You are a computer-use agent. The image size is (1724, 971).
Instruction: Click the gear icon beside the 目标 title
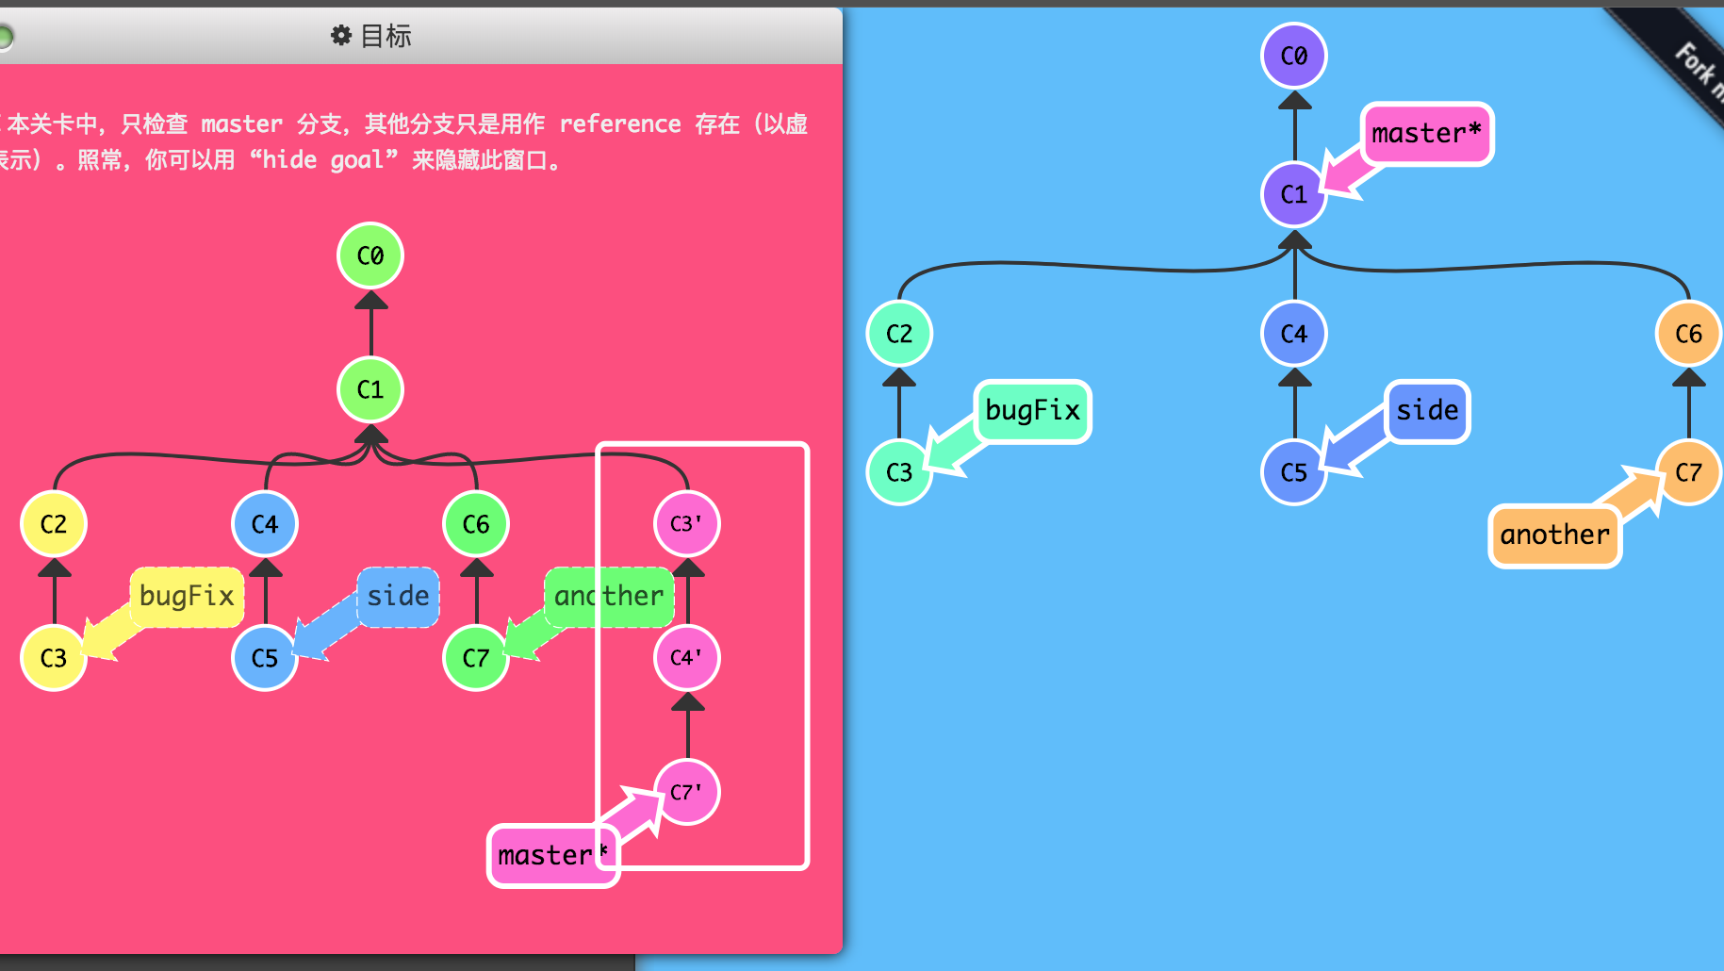[340, 36]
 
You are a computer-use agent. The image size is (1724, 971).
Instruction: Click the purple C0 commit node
[1293, 56]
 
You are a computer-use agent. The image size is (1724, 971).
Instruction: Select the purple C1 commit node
[1293, 194]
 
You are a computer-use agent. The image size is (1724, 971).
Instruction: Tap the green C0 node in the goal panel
[370, 255]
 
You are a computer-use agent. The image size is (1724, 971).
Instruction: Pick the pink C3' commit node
[686, 523]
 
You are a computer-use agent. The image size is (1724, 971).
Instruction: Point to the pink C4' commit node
[686, 657]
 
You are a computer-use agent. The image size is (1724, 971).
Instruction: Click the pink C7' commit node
[686, 792]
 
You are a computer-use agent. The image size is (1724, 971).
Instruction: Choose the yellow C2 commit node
[54, 523]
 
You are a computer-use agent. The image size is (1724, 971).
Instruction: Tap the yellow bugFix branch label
[187, 596]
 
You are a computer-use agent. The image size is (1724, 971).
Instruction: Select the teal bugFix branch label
[1032, 410]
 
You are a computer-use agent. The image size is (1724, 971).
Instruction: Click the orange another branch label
[1554, 535]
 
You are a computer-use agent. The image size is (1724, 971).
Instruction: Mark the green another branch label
[609, 596]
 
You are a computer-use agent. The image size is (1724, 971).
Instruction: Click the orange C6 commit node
[1688, 334]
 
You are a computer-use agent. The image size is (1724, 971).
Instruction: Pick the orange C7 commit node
[1688, 471]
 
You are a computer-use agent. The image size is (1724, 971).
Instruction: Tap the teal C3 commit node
[899, 471]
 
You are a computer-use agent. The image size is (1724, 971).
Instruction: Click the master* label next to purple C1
[1426, 134]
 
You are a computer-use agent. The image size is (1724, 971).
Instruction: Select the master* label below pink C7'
[552, 855]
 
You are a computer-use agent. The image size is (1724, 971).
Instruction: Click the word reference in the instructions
[620, 124]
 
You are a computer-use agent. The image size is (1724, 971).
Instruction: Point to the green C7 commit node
[476, 657]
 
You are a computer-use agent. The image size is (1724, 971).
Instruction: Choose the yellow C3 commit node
[54, 657]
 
